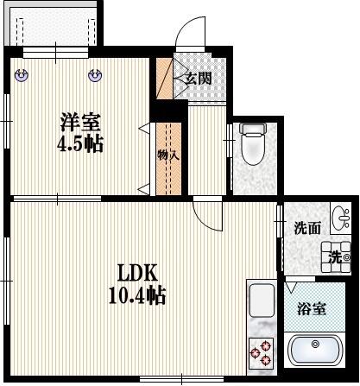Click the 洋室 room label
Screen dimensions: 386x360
point(78,123)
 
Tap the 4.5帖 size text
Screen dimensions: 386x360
point(79,143)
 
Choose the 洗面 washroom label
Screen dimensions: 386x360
point(306,229)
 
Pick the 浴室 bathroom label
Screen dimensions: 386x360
point(312,307)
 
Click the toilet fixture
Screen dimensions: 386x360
point(253,145)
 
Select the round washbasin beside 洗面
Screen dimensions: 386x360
point(339,216)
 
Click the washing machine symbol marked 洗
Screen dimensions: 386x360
point(336,256)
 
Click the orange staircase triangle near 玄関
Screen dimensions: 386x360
point(163,80)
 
